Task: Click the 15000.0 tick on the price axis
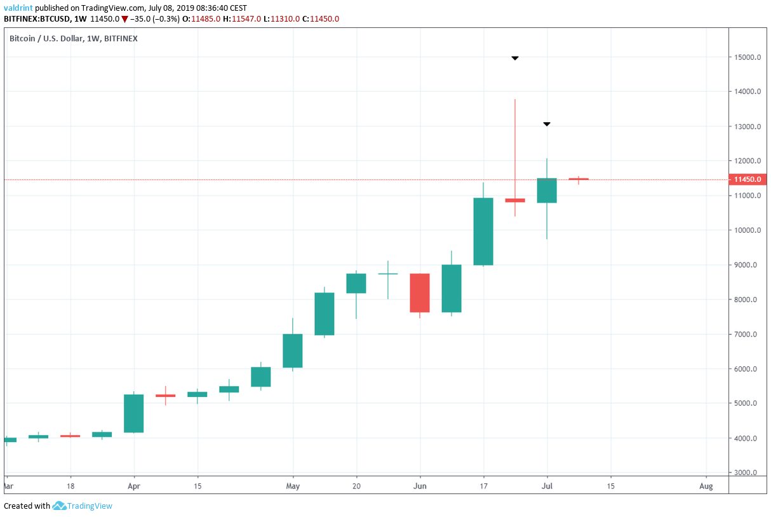click(x=747, y=58)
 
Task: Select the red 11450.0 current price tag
click(x=747, y=179)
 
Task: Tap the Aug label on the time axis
click(x=706, y=486)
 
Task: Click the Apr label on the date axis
click(x=133, y=486)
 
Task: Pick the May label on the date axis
click(x=292, y=486)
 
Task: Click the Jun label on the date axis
click(x=420, y=486)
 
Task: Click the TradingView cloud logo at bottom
click(x=59, y=506)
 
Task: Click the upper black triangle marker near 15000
click(x=515, y=59)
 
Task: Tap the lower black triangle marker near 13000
click(x=547, y=124)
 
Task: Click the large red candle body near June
click(x=420, y=293)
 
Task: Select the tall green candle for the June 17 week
click(x=483, y=231)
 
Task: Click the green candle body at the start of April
click(x=133, y=413)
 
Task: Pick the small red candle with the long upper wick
click(x=515, y=200)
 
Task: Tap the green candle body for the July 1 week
click(x=547, y=191)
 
